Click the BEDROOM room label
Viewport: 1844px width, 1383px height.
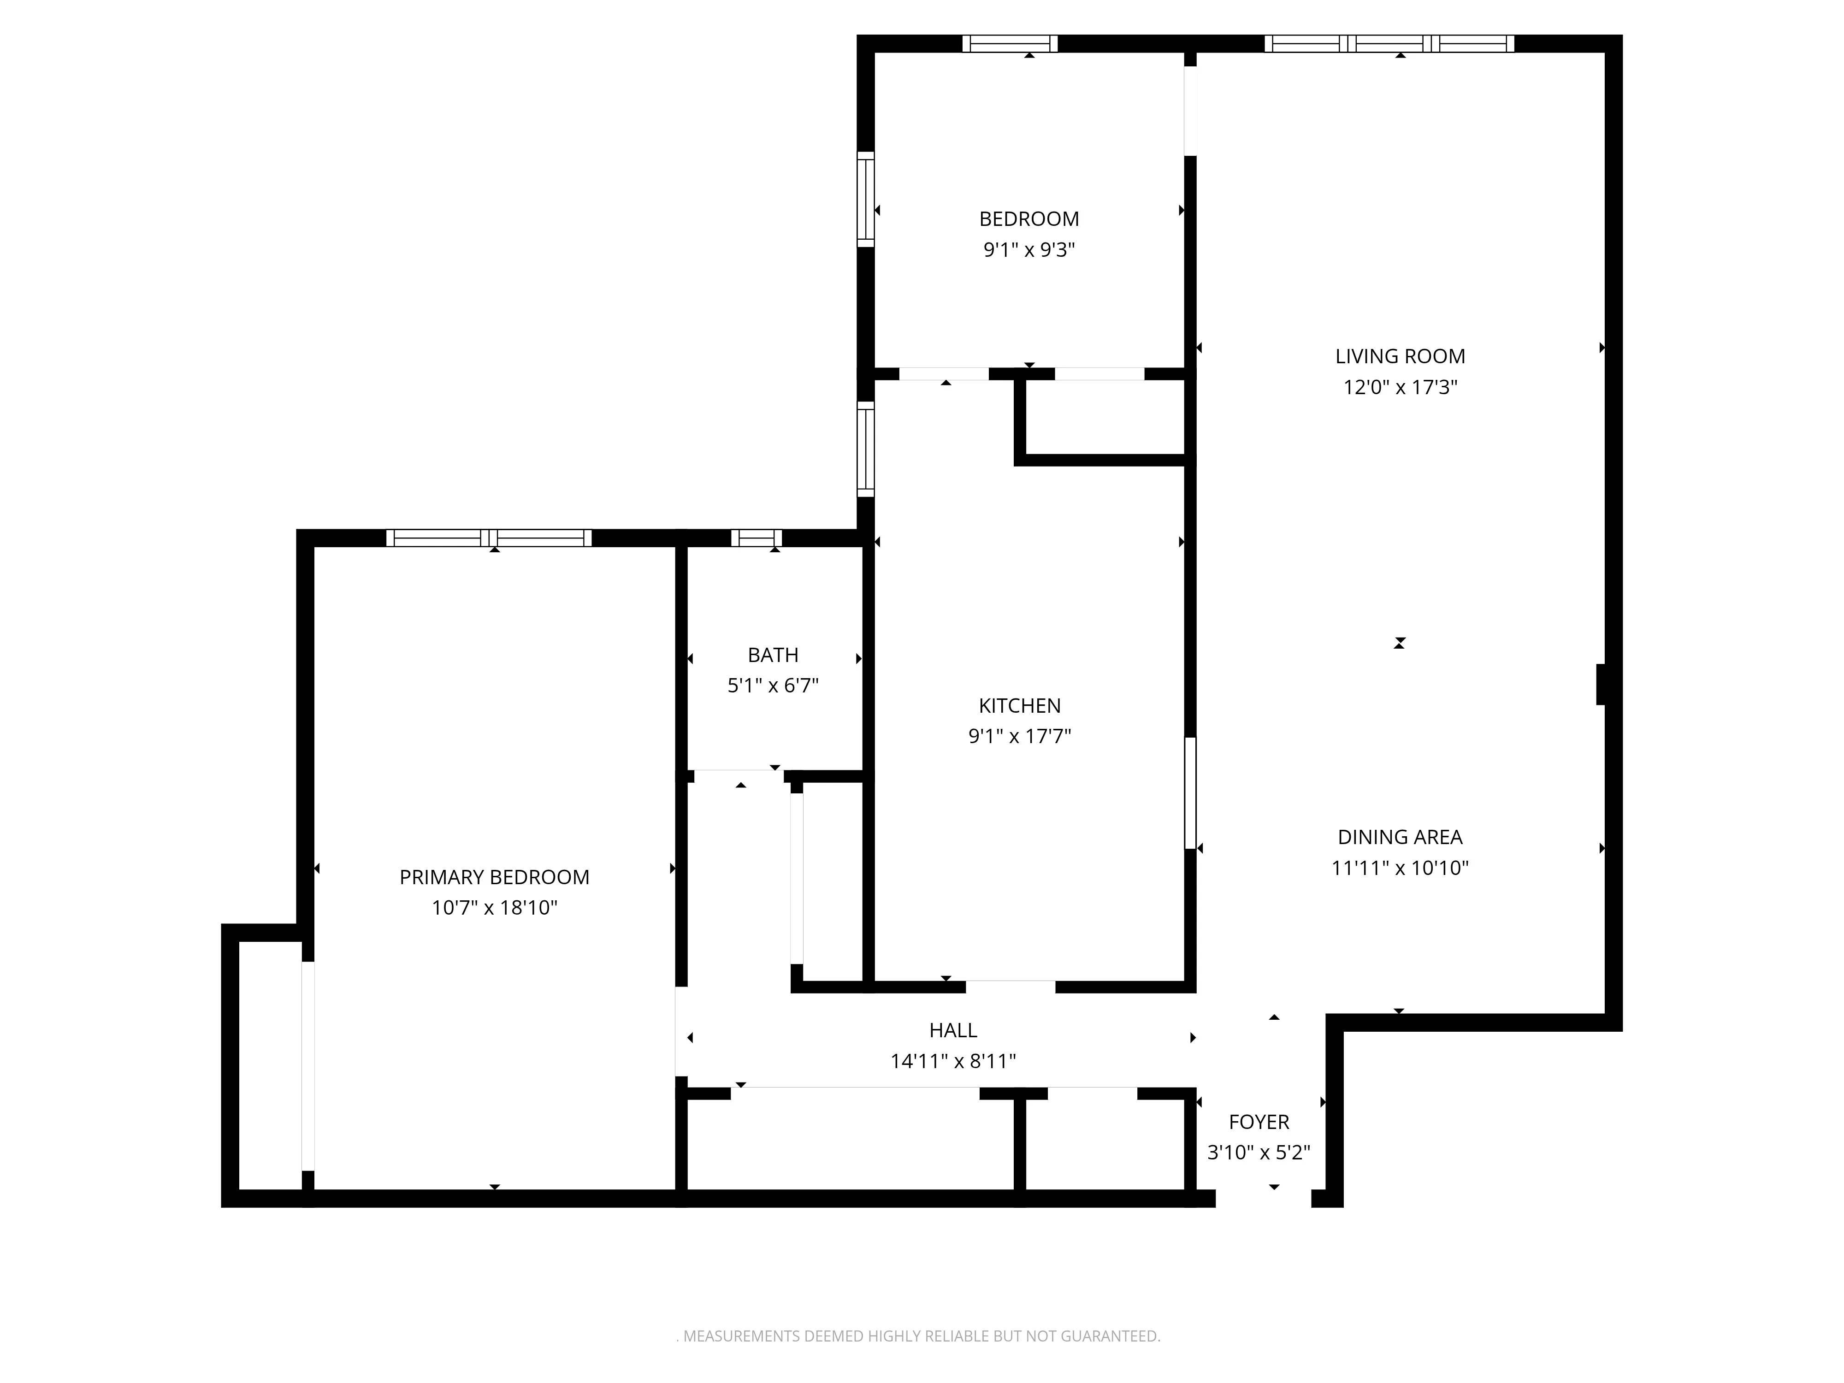(x=1028, y=219)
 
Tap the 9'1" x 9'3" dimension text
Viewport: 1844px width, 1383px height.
(x=1028, y=250)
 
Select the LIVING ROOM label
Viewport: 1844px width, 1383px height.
(x=1400, y=357)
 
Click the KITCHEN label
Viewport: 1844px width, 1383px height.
(x=1020, y=706)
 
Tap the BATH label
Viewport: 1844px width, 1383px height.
(x=773, y=655)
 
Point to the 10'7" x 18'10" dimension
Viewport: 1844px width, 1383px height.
(x=494, y=908)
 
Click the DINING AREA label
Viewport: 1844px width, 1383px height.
(x=1400, y=837)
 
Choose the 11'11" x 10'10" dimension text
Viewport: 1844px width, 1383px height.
(x=1400, y=868)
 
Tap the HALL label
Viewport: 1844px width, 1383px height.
(x=953, y=1030)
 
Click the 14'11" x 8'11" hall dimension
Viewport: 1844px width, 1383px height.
(x=953, y=1061)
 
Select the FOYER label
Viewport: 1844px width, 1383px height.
(x=1259, y=1122)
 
